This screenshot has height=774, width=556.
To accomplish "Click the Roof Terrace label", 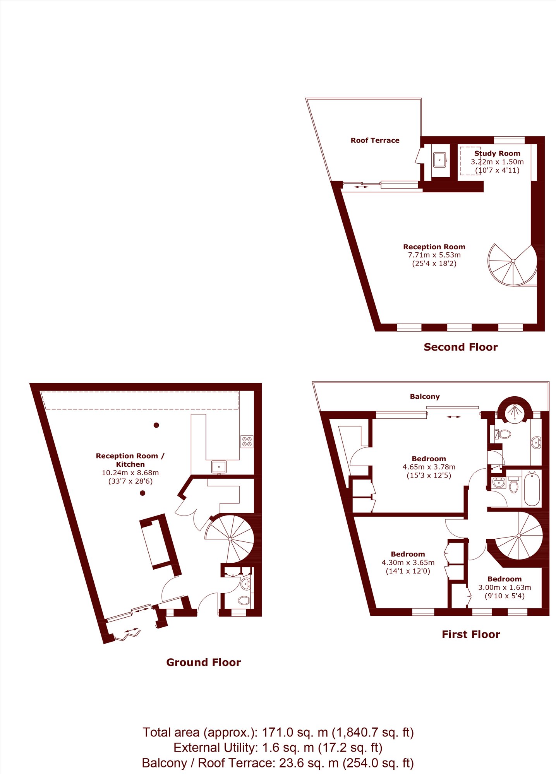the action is (x=375, y=140).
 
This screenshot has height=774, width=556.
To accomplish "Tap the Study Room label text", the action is (x=497, y=153).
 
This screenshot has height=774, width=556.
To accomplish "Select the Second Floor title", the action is (x=461, y=347).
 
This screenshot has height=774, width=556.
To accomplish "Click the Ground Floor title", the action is (x=204, y=662).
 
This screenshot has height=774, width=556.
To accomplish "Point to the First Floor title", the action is (x=471, y=634).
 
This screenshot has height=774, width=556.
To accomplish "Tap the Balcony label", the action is (x=425, y=397).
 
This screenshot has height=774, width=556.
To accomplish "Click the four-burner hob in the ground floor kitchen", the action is (x=247, y=442).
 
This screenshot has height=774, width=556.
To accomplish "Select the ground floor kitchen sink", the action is (x=219, y=467).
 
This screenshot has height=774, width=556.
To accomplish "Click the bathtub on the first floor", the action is (x=532, y=488).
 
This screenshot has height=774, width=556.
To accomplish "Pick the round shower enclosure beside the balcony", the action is (x=515, y=410).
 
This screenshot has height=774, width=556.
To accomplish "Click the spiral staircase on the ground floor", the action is (x=230, y=539).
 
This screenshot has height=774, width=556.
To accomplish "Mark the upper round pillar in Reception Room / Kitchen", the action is (x=156, y=425).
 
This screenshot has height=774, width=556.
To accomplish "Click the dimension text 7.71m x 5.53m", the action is (x=434, y=255).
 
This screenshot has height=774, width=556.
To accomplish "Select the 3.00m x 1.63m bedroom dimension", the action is (x=505, y=587).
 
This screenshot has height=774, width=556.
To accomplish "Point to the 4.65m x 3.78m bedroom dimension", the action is (x=429, y=467).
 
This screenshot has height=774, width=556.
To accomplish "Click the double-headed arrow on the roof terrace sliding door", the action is (x=361, y=187).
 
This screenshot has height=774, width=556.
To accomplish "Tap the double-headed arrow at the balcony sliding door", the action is (x=453, y=417).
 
